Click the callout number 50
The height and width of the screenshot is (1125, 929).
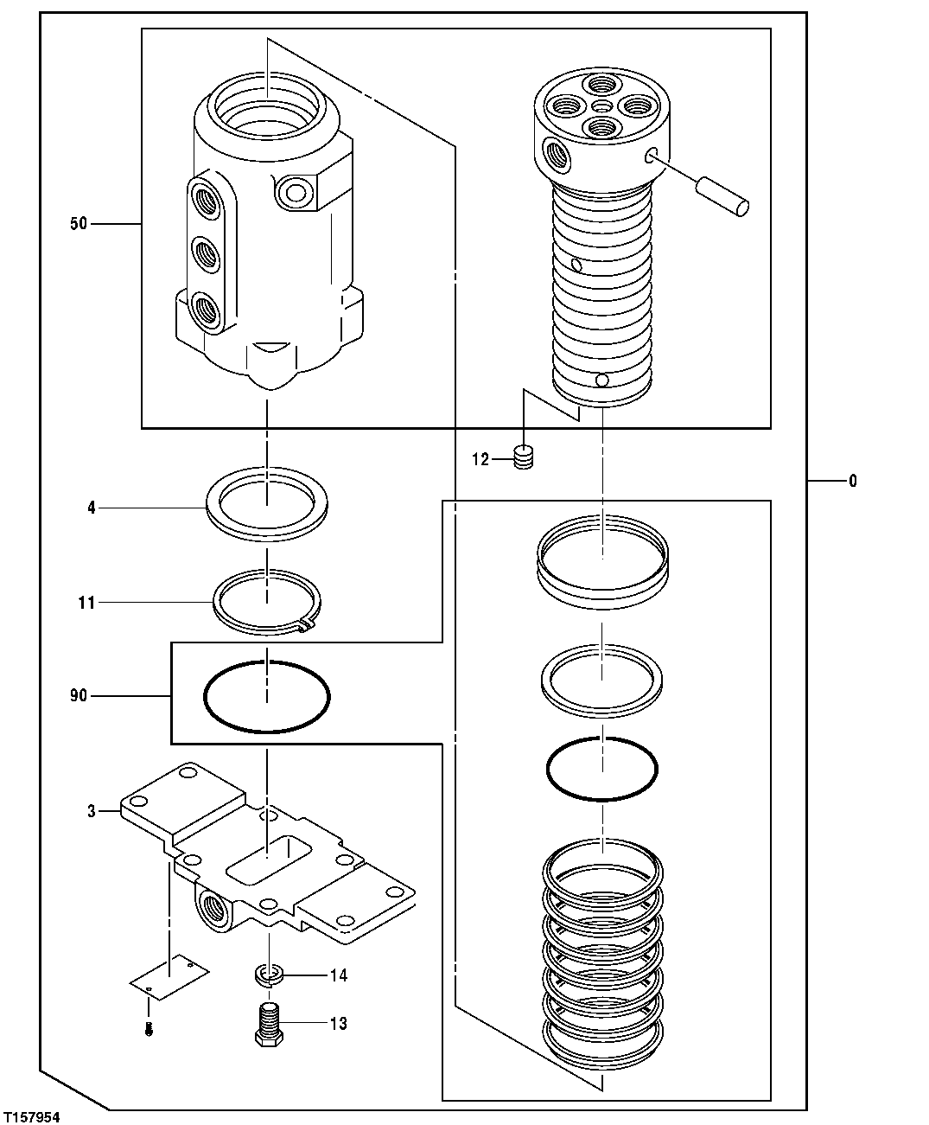tap(78, 225)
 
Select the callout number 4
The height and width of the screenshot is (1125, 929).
tap(91, 508)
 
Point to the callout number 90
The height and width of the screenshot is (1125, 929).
tap(78, 695)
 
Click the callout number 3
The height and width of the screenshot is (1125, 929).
tap(91, 811)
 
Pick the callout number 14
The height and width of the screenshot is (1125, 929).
tap(338, 975)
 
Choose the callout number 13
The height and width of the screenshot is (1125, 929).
tap(338, 1024)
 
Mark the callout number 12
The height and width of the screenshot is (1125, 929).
tap(480, 459)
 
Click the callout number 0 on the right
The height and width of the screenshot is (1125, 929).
tap(852, 481)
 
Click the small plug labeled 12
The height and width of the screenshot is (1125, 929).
tap(522, 457)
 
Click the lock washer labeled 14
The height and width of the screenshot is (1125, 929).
tap(271, 975)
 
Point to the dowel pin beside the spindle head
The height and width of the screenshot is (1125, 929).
tap(723, 195)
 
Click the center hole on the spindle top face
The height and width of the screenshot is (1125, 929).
tap(601, 105)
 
